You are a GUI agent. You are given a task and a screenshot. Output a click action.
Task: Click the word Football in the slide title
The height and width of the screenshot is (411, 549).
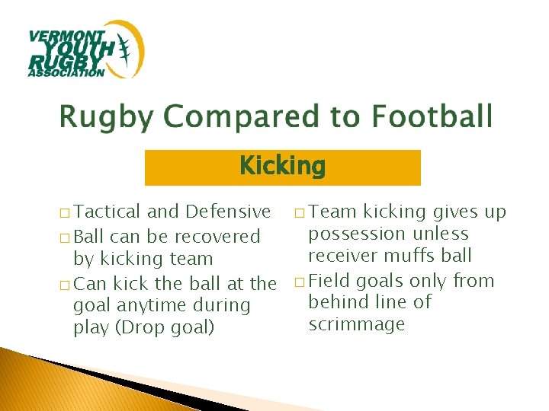click(x=432, y=117)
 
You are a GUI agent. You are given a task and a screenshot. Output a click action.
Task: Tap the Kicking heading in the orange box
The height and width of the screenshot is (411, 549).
click(x=282, y=166)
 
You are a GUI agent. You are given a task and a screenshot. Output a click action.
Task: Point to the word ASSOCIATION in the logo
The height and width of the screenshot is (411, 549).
click(x=66, y=73)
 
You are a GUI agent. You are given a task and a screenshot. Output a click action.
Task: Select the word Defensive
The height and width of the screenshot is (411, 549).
click(x=227, y=211)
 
